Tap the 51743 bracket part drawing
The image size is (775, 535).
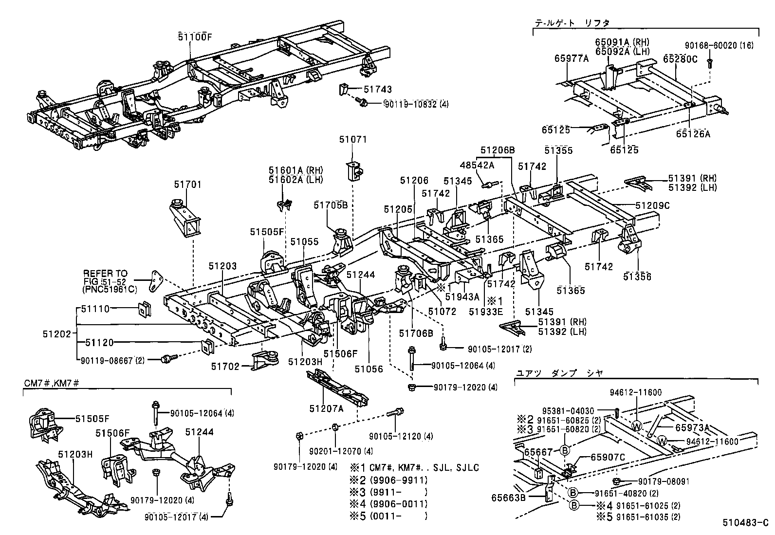coord(344,90)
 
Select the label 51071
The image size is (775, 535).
coord(353,140)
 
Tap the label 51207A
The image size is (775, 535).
coord(326,408)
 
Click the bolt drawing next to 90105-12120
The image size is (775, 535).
coord(395,412)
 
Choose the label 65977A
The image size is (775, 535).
coord(571,59)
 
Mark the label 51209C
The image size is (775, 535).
coord(652,206)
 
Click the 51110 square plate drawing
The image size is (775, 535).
coord(144,309)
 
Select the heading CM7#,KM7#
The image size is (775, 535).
coord(51,383)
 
